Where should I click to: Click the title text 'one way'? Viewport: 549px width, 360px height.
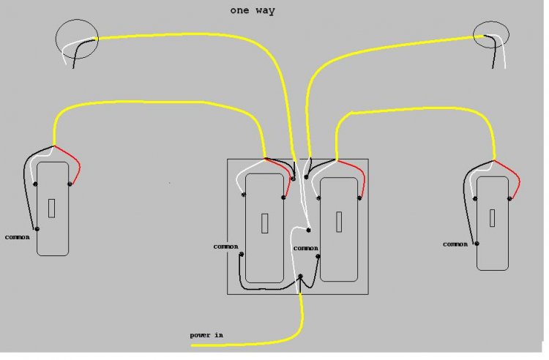252,10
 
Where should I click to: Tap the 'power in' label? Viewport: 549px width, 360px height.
206,335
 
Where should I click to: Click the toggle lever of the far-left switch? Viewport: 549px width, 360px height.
52,209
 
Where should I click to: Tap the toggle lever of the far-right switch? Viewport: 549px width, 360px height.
491,217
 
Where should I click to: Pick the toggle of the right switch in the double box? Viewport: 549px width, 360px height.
339,220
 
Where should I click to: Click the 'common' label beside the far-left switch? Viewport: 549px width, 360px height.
17,237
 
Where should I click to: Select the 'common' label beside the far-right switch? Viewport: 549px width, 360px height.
455,244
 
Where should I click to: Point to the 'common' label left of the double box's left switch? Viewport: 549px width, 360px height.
225,247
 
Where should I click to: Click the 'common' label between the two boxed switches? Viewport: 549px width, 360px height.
306,248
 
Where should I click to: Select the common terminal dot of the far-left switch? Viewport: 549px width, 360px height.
37,229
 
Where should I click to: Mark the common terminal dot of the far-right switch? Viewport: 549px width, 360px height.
477,243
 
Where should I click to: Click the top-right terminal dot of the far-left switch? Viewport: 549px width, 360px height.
69,184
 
